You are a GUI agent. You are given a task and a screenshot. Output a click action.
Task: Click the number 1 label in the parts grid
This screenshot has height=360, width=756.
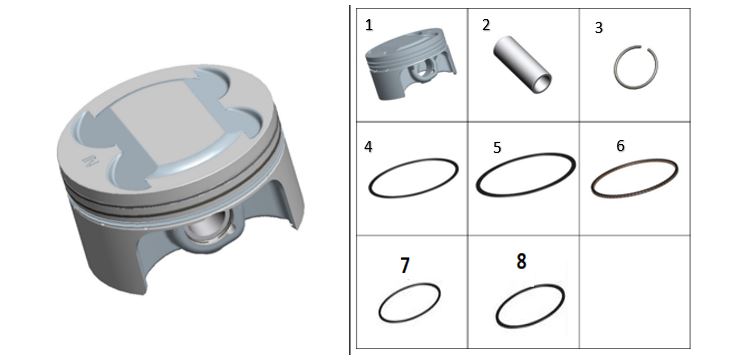tap(369, 25)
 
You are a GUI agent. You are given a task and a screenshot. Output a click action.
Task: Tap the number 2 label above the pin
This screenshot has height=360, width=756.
tap(486, 25)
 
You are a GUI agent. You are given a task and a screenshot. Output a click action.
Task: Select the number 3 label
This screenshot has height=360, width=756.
tap(599, 28)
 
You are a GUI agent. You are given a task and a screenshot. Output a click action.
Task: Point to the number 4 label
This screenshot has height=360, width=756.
tap(368, 147)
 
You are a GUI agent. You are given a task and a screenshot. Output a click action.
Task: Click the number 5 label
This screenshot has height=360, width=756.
tap(497, 147)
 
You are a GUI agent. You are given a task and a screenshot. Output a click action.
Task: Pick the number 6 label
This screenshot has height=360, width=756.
tap(621, 146)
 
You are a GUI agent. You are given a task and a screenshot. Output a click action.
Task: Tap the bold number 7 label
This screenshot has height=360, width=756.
tap(405, 266)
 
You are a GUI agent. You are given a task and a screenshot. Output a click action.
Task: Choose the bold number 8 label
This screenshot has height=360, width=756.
tap(521, 261)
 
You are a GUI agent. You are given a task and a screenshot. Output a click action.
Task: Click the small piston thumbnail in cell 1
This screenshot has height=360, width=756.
tap(410, 64)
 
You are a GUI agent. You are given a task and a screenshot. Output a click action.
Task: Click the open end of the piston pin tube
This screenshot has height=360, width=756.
tap(543, 83)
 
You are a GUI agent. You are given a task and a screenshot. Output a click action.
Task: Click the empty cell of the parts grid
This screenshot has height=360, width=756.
tap(634, 292)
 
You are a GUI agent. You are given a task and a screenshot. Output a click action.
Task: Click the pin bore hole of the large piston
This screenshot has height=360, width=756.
tap(205, 227)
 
